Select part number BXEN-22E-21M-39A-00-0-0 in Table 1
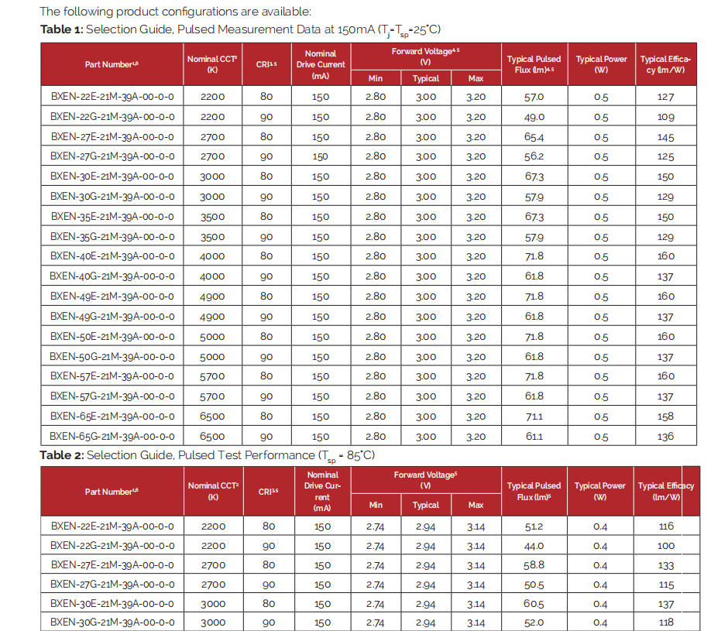click(112, 97)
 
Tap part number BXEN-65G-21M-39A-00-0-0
click(112, 437)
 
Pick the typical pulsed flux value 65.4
click(534, 137)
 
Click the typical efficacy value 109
click(665, 117)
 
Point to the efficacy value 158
click(665, 417)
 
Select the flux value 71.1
click(534, 417)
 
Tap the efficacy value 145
click(665, 137)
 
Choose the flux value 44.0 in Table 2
click(534, 546)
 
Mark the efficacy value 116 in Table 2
click(665, 526)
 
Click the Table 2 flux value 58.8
click(534, 565)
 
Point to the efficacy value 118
click(665, 622)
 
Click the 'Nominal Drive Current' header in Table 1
click(321, 64)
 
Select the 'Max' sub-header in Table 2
click(476, 505)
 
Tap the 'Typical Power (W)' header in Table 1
click(601, 64)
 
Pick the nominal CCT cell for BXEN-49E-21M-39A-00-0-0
click(213, 297)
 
